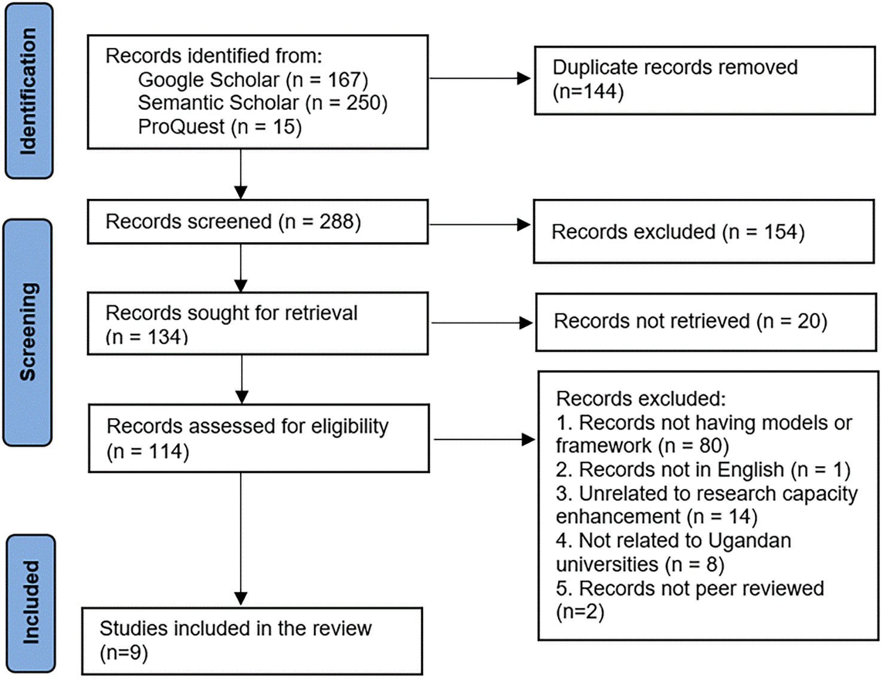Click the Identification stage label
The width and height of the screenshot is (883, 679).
(29, 91)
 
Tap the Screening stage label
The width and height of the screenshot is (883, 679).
(28, 332)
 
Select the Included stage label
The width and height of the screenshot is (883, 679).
(31, 602)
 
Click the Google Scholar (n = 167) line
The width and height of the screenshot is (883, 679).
(252, 79)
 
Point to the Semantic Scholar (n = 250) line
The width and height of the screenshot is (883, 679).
(263, 103)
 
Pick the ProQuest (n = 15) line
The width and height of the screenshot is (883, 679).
(220, 127)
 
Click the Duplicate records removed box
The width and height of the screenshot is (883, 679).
(705, 80)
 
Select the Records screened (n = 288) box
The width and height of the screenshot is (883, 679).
(258, 222)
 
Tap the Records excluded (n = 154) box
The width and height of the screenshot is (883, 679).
(704, 231)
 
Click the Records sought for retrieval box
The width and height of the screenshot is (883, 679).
(258, 323)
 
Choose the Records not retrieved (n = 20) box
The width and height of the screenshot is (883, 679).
(706, 322)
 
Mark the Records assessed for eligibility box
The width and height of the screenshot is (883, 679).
(259, 438)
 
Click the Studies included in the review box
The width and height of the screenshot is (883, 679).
(252, 641)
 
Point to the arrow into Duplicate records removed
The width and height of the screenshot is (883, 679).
(480, 78)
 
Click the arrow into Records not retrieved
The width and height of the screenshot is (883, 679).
(482, 323)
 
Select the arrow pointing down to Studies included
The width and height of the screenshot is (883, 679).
(241, 539)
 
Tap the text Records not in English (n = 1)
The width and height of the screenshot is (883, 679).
(703, 470)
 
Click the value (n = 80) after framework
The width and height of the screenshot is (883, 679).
(693, 446)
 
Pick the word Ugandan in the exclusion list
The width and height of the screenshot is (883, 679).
(750, 540)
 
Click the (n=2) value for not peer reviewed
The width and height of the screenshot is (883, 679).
(580, 611)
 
